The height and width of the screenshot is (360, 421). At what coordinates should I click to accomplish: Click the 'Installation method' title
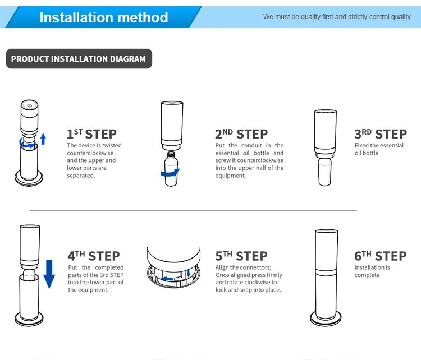coord(104,17)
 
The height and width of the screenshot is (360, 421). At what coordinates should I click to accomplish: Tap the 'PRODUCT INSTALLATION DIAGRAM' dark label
coord(79,59)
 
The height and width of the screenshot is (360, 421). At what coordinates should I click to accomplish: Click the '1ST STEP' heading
coord(91,134)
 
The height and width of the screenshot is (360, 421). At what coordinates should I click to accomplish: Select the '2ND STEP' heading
coord(241,134)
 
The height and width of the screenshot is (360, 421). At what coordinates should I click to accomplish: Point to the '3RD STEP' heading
coord(380,134)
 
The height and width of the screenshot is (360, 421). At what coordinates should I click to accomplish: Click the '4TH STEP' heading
coord(94,256)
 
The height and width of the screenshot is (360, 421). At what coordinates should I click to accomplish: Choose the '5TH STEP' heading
coord(241,256)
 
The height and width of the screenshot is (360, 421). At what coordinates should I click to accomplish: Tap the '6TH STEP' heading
coord(380,256)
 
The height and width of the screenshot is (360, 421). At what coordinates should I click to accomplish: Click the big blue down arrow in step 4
coord(49,273)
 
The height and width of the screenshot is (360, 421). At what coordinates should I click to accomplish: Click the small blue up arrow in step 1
coord(43,139)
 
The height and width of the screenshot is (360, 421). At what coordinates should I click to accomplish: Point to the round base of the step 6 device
coord(325,319)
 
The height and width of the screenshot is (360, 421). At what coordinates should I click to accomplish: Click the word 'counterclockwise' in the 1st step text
coord(90,153)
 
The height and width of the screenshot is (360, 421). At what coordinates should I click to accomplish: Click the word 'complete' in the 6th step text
coord(367,275)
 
